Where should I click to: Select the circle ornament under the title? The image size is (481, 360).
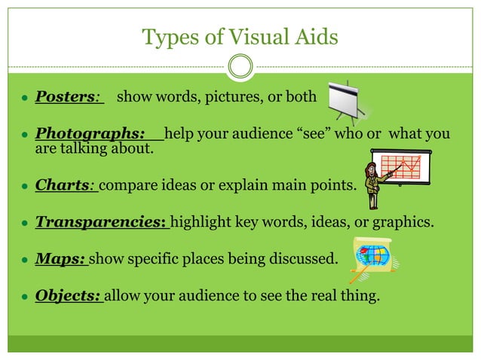pyautogui.click(x=240, y=67)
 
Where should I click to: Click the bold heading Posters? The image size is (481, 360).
pyautogui.click(x=65, y=97)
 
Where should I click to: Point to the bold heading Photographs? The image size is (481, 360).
pyautogui.click(x=90, y=134)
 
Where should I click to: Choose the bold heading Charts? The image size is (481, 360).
pyautogui.click(x=63, y=185)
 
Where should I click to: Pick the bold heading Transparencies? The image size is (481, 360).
pyautogui.click(x=100, y=223)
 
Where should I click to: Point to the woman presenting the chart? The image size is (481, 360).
pyautogui.click(x=372, y=184)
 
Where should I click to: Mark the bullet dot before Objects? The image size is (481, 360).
pyautogui.click(x=25, y=296)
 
